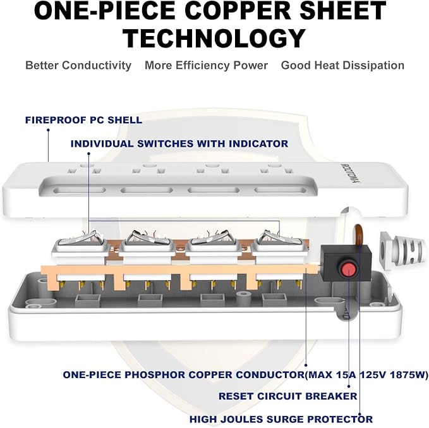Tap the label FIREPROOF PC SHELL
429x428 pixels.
coord(84,120)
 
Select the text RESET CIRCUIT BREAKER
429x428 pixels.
coord(288,396)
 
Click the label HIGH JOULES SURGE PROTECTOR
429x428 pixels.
coord(281,419)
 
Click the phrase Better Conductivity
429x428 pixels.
coord(78,66)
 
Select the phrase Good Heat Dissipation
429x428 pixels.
coord(342,66)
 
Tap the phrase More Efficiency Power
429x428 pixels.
coord(207,66)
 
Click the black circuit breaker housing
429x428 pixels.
coord(345,262)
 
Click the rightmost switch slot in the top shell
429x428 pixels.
coord(279,190)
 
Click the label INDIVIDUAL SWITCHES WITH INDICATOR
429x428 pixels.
coord(179,144)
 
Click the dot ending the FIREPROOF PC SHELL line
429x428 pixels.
coord(48,130)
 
